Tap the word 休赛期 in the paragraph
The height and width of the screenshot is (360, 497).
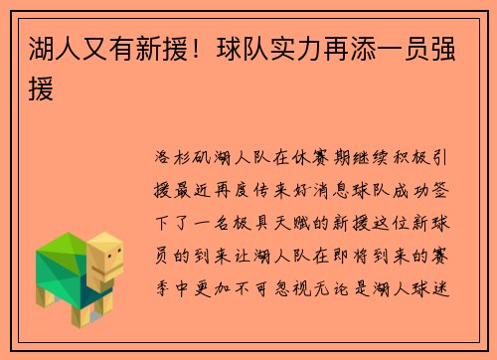(316, 160)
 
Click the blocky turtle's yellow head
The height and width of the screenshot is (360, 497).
(103, 257)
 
